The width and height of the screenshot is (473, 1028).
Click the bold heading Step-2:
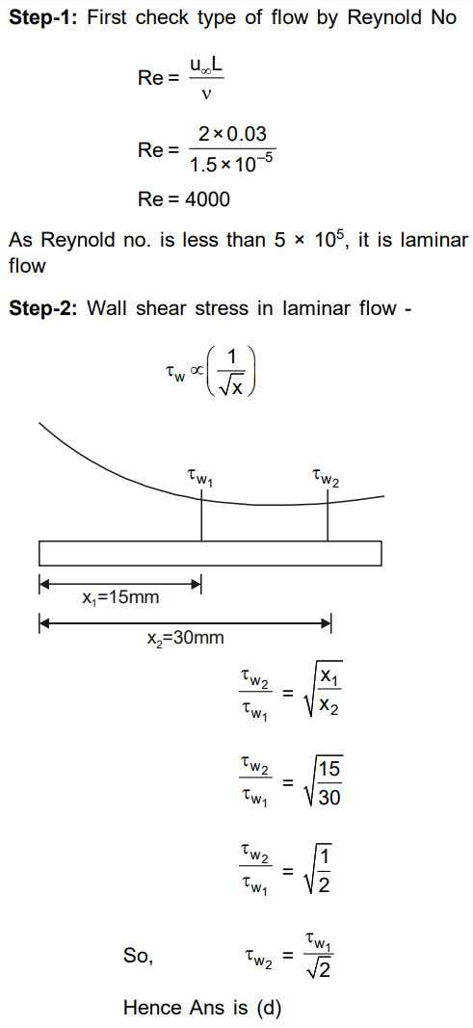click(44, 308)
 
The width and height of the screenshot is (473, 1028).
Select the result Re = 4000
click(184, 199)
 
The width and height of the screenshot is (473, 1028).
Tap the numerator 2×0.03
click(232, 134)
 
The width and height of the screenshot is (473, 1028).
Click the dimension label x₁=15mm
click(119, 597)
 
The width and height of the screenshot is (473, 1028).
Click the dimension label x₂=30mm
click(185, 637)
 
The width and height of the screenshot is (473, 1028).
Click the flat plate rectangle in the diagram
click(210, 553)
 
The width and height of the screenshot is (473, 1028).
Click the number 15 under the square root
click(330, 769)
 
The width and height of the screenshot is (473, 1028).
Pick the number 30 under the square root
click(330, 798)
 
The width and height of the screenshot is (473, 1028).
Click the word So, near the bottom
click(138, 957)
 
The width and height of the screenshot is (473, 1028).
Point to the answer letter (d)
click(267, 1007)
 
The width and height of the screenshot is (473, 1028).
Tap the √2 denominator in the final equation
click(316, 970)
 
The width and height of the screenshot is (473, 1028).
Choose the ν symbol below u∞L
click(206, 95)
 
